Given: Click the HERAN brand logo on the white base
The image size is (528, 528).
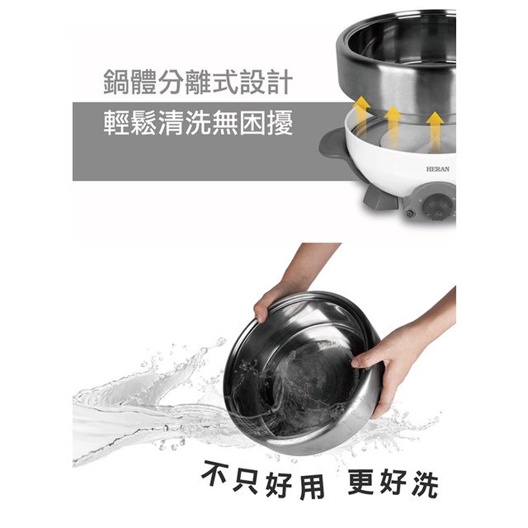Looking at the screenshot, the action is pyautogui.click(x=437, y=168).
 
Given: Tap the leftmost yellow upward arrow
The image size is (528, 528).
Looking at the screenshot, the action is pyautogui.click(x=361, y=113).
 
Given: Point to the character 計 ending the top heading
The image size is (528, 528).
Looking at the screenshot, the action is pyautogui.click(x=280, y=82).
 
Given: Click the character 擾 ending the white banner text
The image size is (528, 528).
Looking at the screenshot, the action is pyautogui.click(x=280, y=123).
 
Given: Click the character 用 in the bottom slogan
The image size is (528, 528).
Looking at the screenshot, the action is pyautogui.click(x=312, y=486).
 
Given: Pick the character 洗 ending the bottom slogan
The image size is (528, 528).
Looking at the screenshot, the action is pyautogui.click(x=425, y=484).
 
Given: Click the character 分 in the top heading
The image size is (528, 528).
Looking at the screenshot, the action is pyautogui.click(x=171, y=82).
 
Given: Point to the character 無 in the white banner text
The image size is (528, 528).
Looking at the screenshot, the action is pyautogui.click(x=225, y=123).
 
